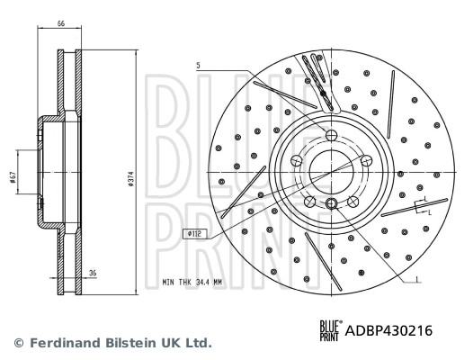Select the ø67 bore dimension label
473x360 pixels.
14,179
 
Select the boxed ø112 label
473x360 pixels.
192,233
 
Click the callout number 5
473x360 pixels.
199,65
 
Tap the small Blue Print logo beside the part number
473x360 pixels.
332,330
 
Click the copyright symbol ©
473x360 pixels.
17,343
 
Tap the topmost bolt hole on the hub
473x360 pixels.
330,135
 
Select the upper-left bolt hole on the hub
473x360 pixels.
298,159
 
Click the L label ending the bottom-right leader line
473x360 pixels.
418,282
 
